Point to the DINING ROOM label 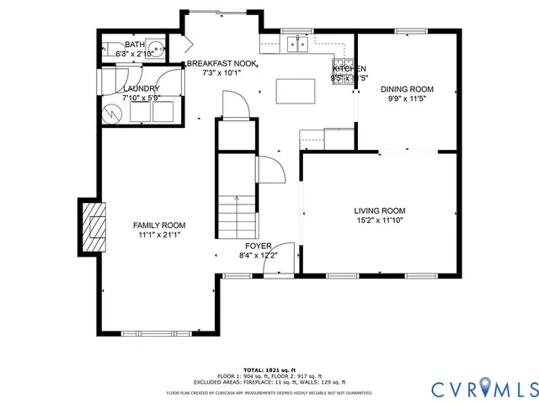[407, 89]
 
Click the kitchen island [290, 90]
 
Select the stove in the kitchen [342, 68]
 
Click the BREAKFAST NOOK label [222, 64]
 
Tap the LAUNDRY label [141, 88]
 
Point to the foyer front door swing [278, 258]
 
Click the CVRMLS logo [483, 388]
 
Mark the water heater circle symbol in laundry [110, 112]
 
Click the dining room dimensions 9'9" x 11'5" [407, 98]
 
